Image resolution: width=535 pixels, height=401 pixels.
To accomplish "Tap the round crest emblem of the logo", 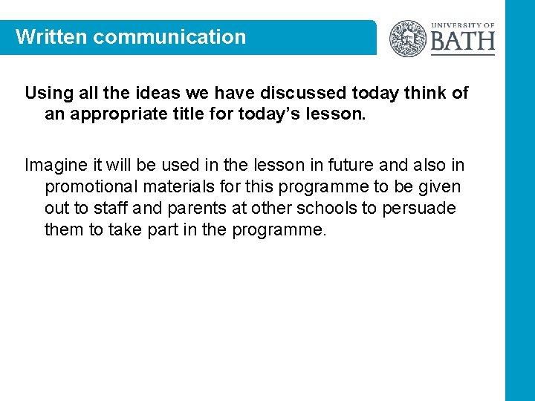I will (x=408, y=38).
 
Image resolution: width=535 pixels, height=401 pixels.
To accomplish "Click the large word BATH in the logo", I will (x=462, y=41).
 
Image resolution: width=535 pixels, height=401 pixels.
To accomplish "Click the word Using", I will (x=47, y=93).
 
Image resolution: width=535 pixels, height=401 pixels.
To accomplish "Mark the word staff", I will (x=111, y=208).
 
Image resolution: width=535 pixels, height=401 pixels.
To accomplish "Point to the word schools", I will (x=322, y=208).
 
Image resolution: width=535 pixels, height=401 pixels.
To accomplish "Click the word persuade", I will (x=419, y=208).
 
